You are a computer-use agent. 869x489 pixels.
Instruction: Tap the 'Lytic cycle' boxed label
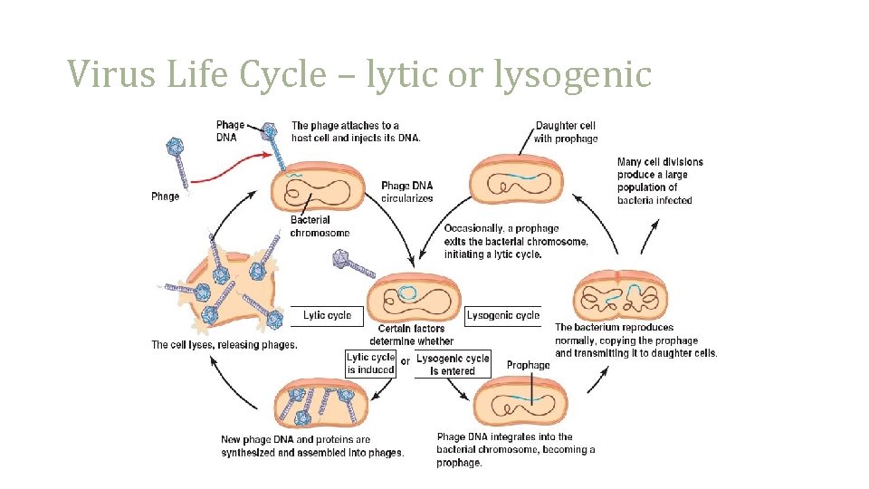327,315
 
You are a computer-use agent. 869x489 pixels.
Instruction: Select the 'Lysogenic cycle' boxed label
503,315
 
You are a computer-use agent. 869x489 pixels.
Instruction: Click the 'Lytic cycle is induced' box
371,363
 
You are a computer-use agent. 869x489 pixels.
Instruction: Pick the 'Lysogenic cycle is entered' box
453,364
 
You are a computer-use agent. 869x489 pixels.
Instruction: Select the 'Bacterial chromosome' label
320,226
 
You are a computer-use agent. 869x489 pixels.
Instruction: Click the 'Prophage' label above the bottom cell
528,365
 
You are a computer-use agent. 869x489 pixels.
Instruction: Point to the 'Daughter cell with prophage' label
566,132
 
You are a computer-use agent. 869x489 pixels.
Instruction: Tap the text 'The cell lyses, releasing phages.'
224,344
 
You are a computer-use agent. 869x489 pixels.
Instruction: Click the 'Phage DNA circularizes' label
406,192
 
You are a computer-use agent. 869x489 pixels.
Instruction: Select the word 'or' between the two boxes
406,360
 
